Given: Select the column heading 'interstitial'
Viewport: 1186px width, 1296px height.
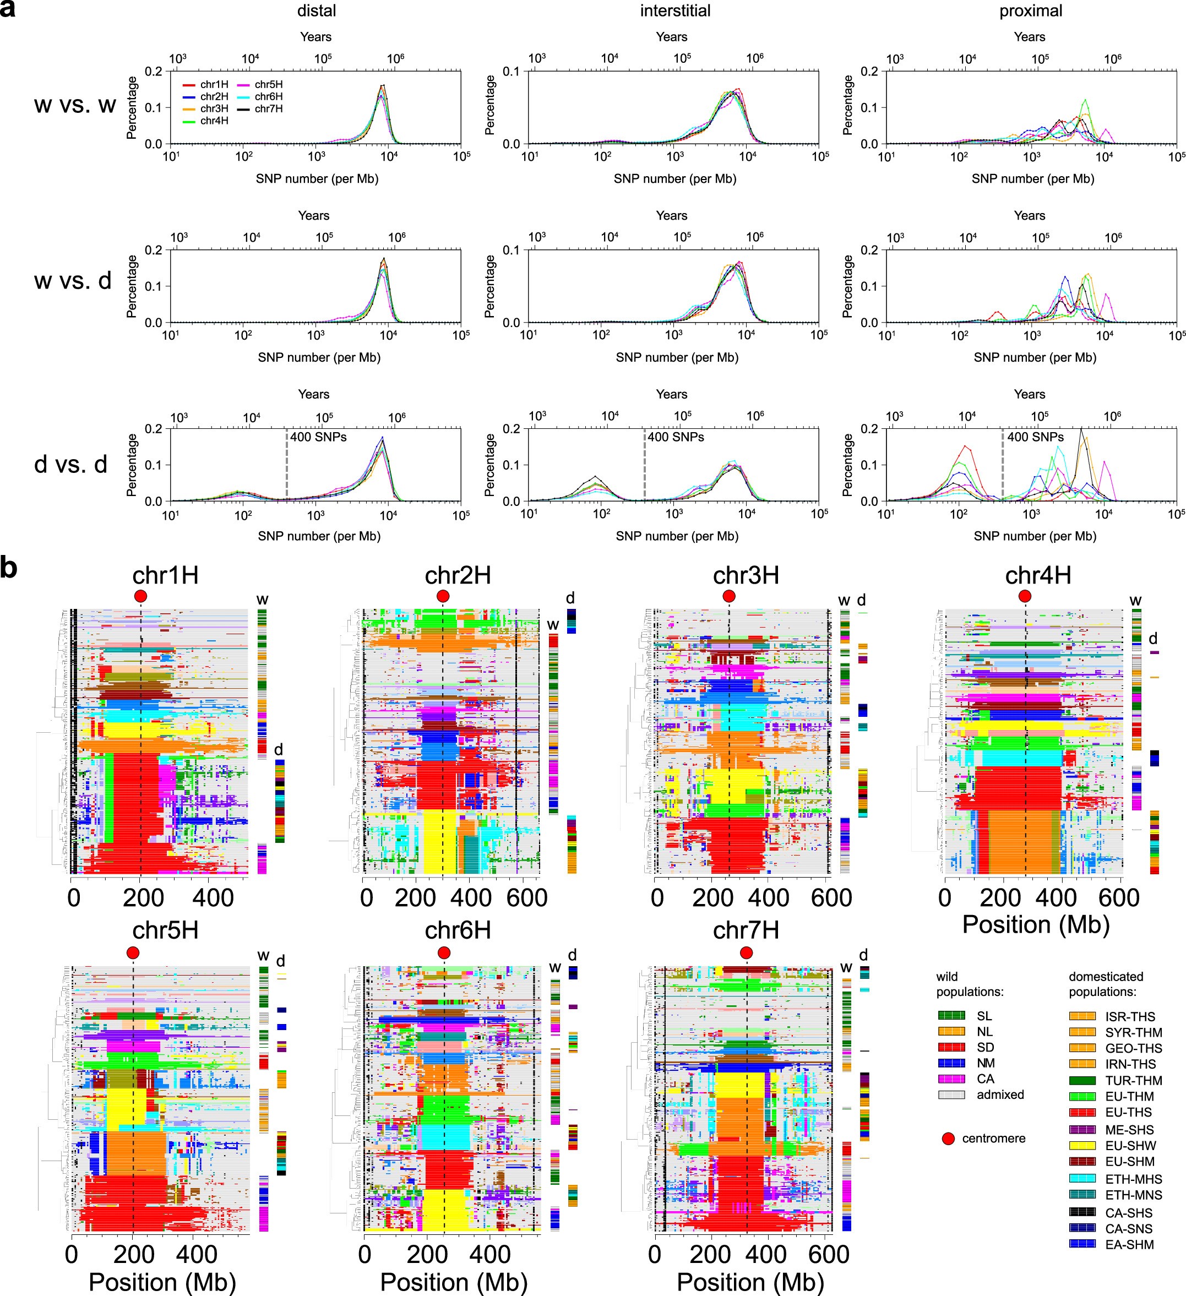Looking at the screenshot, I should point(675,11).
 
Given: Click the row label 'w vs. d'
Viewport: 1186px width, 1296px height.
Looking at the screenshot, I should point(73,281).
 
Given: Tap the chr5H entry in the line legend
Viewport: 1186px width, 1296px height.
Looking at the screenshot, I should point(268,85).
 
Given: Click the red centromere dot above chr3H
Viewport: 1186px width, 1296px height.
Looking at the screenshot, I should point(728,597).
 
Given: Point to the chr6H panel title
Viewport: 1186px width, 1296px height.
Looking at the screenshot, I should point(458,930).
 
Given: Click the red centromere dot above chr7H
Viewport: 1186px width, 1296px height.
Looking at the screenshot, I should point(746,952).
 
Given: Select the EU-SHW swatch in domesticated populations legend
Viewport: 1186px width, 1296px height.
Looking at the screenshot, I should point(1082,1146).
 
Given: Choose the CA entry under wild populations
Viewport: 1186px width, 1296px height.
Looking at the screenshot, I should point(986,1079).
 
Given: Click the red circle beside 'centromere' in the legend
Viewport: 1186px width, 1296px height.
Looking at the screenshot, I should point(948,1139).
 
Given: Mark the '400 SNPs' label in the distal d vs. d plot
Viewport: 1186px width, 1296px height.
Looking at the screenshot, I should point(318,437).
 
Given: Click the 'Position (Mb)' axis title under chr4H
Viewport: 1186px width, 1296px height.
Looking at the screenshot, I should point(1036,924).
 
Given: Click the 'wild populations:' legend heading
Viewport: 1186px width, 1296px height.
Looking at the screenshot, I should point(960,984).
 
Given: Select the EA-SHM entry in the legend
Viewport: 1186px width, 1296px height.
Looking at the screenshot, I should point(1129,1245).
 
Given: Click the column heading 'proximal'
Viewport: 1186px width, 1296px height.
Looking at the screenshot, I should point(1030,11).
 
